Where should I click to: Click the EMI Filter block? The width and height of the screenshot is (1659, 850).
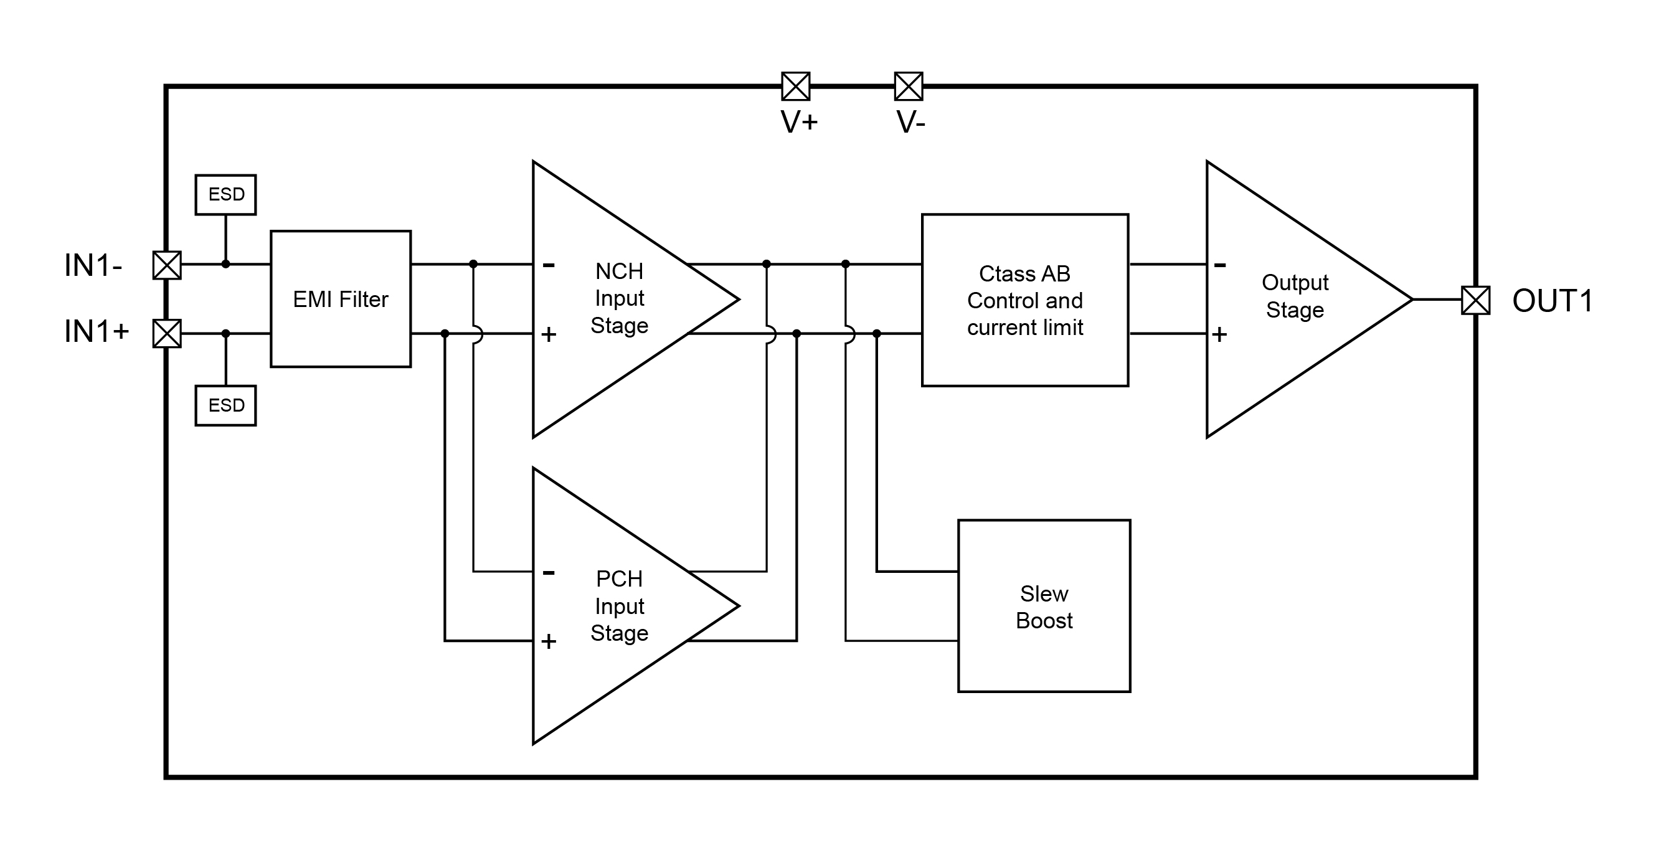(341, 299)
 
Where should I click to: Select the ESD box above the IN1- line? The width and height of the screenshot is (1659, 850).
(225, 194)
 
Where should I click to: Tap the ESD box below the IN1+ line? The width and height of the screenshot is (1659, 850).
(225, 405)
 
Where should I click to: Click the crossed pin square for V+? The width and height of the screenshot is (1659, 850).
(795, 87)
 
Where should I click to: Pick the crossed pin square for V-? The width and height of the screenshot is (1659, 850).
(908, 87)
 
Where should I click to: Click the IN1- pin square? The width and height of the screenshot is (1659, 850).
(167, 265)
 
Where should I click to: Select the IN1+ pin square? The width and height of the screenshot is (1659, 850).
(167, 334)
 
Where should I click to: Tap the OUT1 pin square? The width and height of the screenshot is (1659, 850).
(1475, 300)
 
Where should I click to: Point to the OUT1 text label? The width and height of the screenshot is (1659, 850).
(1552, 301)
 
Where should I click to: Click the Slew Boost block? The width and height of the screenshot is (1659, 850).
(1044, 606)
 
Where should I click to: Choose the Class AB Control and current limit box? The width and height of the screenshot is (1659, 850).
(1024, 300)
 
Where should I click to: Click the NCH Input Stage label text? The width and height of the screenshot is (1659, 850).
(619, 298)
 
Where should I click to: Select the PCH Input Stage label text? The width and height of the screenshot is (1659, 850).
(619, 606)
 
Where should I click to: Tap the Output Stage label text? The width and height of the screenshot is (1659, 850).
(1295, 296)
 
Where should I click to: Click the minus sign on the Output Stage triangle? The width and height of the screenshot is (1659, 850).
(1220, 265)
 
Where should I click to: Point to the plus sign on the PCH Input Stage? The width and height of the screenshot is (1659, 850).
(549, 641)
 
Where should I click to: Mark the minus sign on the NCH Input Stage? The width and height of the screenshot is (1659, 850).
(549, 265)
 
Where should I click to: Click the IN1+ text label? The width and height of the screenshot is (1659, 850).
(97, 332)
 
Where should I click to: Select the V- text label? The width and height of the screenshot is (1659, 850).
(910, 121)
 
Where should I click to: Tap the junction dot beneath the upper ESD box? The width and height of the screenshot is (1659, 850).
(225, 264)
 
